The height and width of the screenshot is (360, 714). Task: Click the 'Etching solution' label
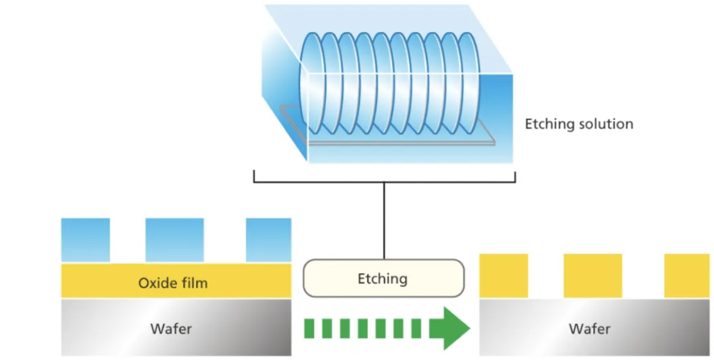tap(579, 124)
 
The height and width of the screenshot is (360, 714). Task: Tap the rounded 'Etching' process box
tap(383, 278)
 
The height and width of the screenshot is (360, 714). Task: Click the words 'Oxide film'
tap(173, 283)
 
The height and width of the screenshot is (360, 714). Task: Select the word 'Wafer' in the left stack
tap(171, 329)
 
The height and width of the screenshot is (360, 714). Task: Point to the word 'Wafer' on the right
tap(590, 329)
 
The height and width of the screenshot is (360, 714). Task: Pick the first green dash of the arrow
tap(309, 328)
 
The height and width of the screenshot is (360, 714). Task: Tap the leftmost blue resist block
tap(85, 240)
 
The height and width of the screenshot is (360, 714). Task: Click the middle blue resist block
tap(174, 240)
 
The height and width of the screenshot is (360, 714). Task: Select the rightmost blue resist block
tap(269, 240)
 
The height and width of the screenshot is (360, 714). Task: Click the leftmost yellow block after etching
tap(504, 275)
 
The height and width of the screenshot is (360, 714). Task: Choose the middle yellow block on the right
tap(593, 275)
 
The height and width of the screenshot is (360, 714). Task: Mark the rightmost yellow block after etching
tap(687, 275)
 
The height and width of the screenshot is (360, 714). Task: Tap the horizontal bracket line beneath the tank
tap(384, 182)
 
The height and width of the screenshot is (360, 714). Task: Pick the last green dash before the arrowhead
tap(416, 328)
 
